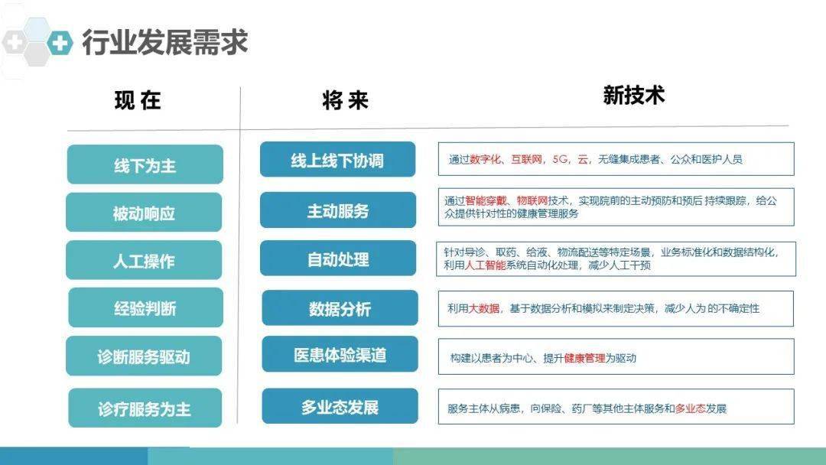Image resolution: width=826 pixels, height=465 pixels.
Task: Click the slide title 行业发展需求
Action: tap(165, 42)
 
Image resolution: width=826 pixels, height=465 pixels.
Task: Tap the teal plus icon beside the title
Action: tap(60, 42)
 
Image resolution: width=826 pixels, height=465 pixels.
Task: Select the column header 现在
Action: tap(138, 100)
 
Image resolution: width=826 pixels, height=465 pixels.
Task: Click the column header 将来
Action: tap(345, 100)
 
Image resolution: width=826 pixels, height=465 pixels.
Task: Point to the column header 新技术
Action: tap(634, 96)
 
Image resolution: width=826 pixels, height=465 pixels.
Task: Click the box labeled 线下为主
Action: tap(145, 164)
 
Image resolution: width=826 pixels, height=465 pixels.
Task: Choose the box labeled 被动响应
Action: tap(144, 212)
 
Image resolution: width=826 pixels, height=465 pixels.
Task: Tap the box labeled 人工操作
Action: tap(144, 260)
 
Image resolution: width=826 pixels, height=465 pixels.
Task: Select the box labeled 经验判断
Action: tap(145, 307)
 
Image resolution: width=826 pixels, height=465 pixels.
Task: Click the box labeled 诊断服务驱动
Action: tap(144, 356)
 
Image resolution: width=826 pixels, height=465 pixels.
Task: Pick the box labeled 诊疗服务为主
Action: tap(145, 408)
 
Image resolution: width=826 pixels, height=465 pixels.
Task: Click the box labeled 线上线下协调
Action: tap(338, 160)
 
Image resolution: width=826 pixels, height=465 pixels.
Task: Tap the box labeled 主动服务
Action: tap(338, 210)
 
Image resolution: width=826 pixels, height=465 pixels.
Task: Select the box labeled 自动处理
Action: tap(338, 258)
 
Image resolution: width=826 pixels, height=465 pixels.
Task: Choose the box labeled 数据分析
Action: tap(340, 308)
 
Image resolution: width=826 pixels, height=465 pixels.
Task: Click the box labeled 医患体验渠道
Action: tap(340, 354)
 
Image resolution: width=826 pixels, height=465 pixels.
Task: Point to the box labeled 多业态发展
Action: tap(340, 406)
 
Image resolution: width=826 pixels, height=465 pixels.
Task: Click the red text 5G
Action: tap(560, 159)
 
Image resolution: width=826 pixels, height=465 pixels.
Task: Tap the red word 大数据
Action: tap(484, 308)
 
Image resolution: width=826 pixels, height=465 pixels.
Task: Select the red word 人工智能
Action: tap(485, 265)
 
